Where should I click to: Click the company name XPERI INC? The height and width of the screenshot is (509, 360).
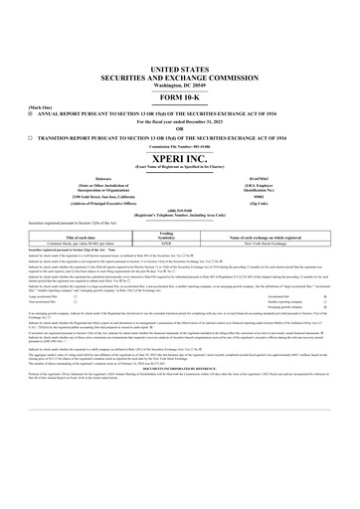[179, 158]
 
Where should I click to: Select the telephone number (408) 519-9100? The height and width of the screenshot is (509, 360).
[179, 212]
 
